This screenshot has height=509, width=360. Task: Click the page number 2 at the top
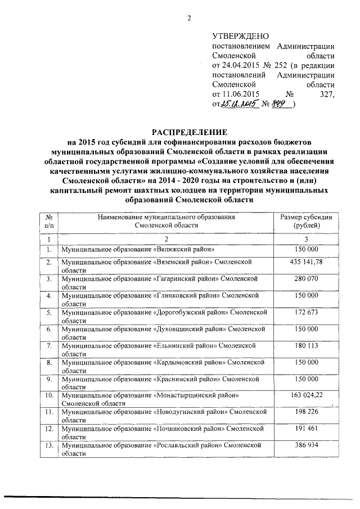190,18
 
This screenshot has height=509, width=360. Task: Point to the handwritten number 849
281,104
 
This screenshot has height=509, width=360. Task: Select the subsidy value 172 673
307,311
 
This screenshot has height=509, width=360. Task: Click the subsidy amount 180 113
307,344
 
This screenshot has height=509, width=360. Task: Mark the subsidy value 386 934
307,445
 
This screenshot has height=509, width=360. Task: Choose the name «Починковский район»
186,429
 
